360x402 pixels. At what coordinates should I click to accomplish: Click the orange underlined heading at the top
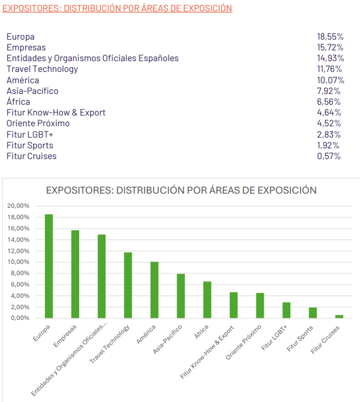(117, 8)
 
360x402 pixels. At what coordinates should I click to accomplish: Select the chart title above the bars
(181, 190)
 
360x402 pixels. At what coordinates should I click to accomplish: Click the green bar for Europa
(49, 266)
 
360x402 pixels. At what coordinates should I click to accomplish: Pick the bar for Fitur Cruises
(339, 316)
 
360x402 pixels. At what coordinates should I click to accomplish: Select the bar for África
(207, 300)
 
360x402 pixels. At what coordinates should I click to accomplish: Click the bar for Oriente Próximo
(260, 305)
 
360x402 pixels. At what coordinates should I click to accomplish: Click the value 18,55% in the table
(330, 37)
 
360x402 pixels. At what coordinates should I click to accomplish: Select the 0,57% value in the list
(329, 156)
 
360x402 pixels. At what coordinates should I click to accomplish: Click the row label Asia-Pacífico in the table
(32, 91)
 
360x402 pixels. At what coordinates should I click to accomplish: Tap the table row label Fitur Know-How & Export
(56, 113)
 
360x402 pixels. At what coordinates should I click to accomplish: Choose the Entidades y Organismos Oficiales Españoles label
(92, 58)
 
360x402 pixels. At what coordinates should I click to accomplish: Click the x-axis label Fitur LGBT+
(275, 336)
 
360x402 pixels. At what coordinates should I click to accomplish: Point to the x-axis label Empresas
(66, 336)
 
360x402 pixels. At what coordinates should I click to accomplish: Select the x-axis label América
(147, 334)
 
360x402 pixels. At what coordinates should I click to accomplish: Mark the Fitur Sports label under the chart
(299, 338)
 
